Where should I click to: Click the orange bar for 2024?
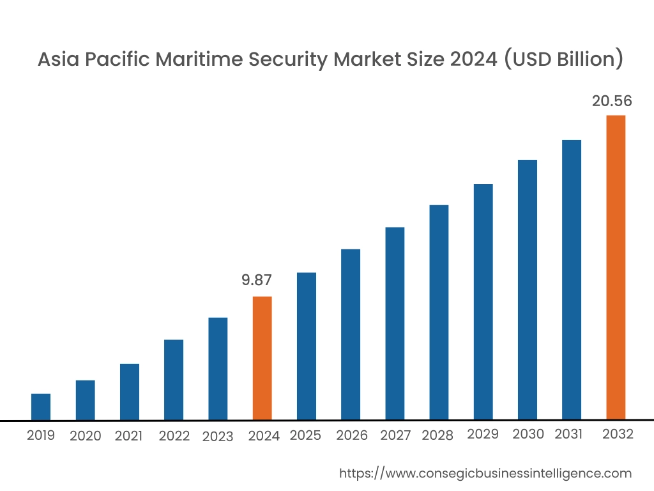click(262, 358)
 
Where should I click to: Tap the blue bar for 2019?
click(41, 407)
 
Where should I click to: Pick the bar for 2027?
click(395, 323)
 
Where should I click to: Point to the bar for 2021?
click(130, 392)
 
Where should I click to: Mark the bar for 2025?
click(307, 346)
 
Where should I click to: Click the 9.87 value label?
click(257, 279)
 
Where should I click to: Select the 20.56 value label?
click(611, 100)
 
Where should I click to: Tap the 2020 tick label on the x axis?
click(86, 436)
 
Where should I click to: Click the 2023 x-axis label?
click(218, 437)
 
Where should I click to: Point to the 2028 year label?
click(437, 435)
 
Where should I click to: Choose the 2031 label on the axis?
click(568, 435)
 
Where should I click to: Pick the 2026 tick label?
click(352, 435)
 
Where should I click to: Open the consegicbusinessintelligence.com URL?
click(485, 473)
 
